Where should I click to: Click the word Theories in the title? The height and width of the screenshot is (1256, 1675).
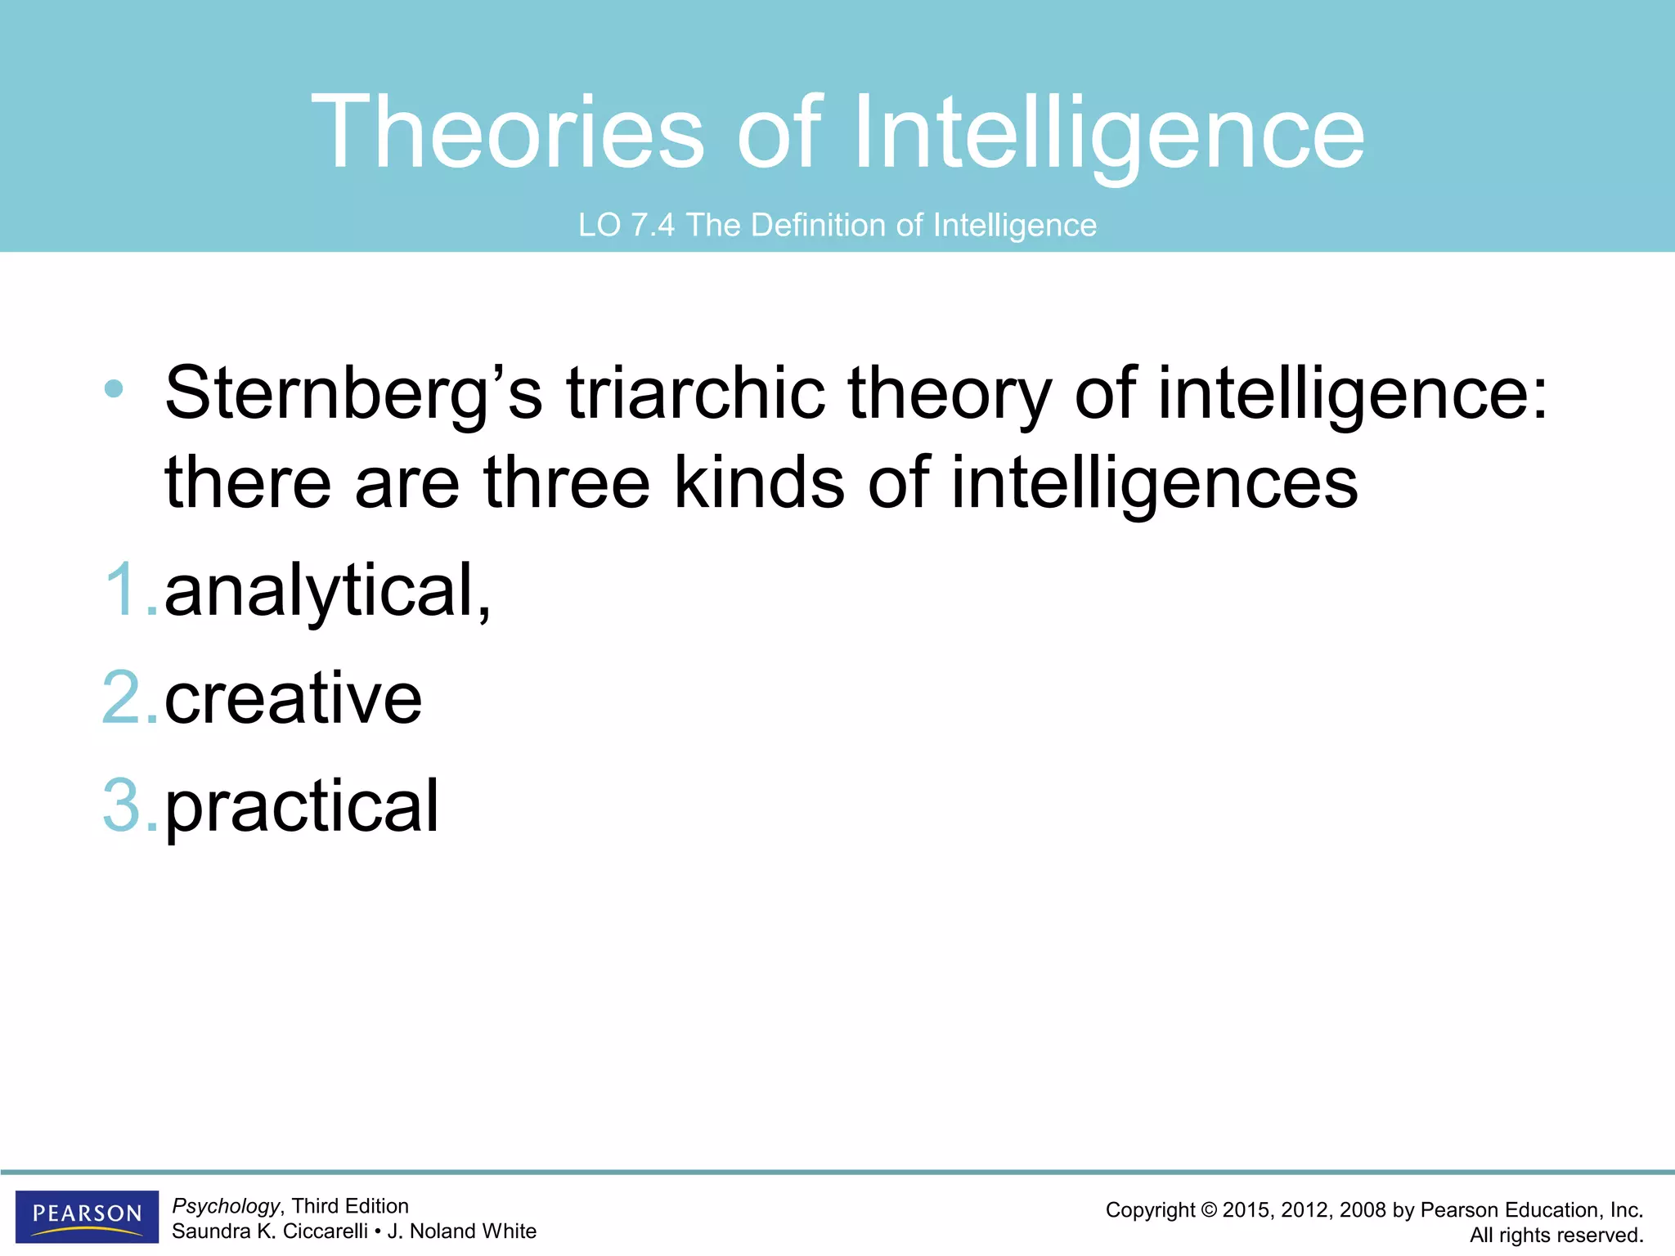tap(507, 132)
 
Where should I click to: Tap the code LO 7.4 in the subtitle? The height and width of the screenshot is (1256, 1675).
tap(626, 225)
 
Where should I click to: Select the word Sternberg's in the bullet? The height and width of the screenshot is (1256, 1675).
tap(353, 393)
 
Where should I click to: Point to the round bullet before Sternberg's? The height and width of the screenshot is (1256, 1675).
tap(114, 388)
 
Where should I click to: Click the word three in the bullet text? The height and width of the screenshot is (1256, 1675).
tap(566, 482)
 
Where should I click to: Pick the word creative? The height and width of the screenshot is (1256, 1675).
tap(293, 698)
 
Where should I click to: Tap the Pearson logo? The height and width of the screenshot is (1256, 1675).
tap(87, 1215)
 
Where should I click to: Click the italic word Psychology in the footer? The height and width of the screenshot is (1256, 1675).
tap(226, 1206)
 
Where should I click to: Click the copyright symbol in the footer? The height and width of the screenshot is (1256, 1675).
tap(1209, 1210)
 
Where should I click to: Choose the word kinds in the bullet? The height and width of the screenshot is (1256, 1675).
tap(759, 482)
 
